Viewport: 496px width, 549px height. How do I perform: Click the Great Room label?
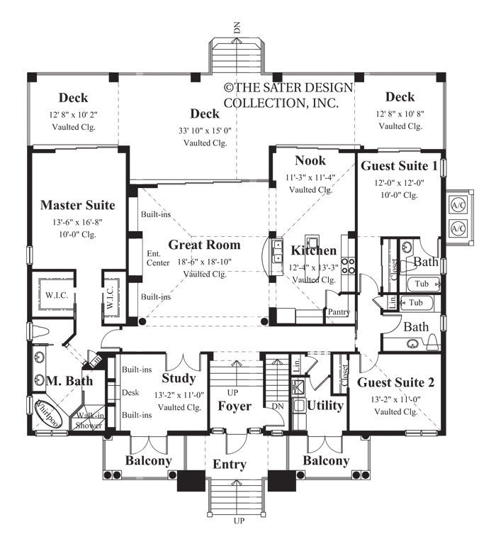tap(204, 245)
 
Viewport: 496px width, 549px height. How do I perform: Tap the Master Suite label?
tap(77, 206)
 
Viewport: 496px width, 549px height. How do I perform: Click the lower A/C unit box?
tap(458, 228)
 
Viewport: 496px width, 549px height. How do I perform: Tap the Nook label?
tap(310, 160)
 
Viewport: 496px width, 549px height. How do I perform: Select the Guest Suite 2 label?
tap(396, 382)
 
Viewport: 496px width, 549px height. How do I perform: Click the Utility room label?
tap(325, 406)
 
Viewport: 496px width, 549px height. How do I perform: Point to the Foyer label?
tap(234, 406)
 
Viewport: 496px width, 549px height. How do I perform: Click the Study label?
tap(179, 378)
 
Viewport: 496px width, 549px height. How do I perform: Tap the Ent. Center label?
tap(154, 258)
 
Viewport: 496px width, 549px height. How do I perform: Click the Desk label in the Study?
tap(130, 392)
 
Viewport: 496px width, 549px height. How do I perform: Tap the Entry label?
tap(230, 465)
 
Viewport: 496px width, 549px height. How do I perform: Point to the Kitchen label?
tap(314, 251)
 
